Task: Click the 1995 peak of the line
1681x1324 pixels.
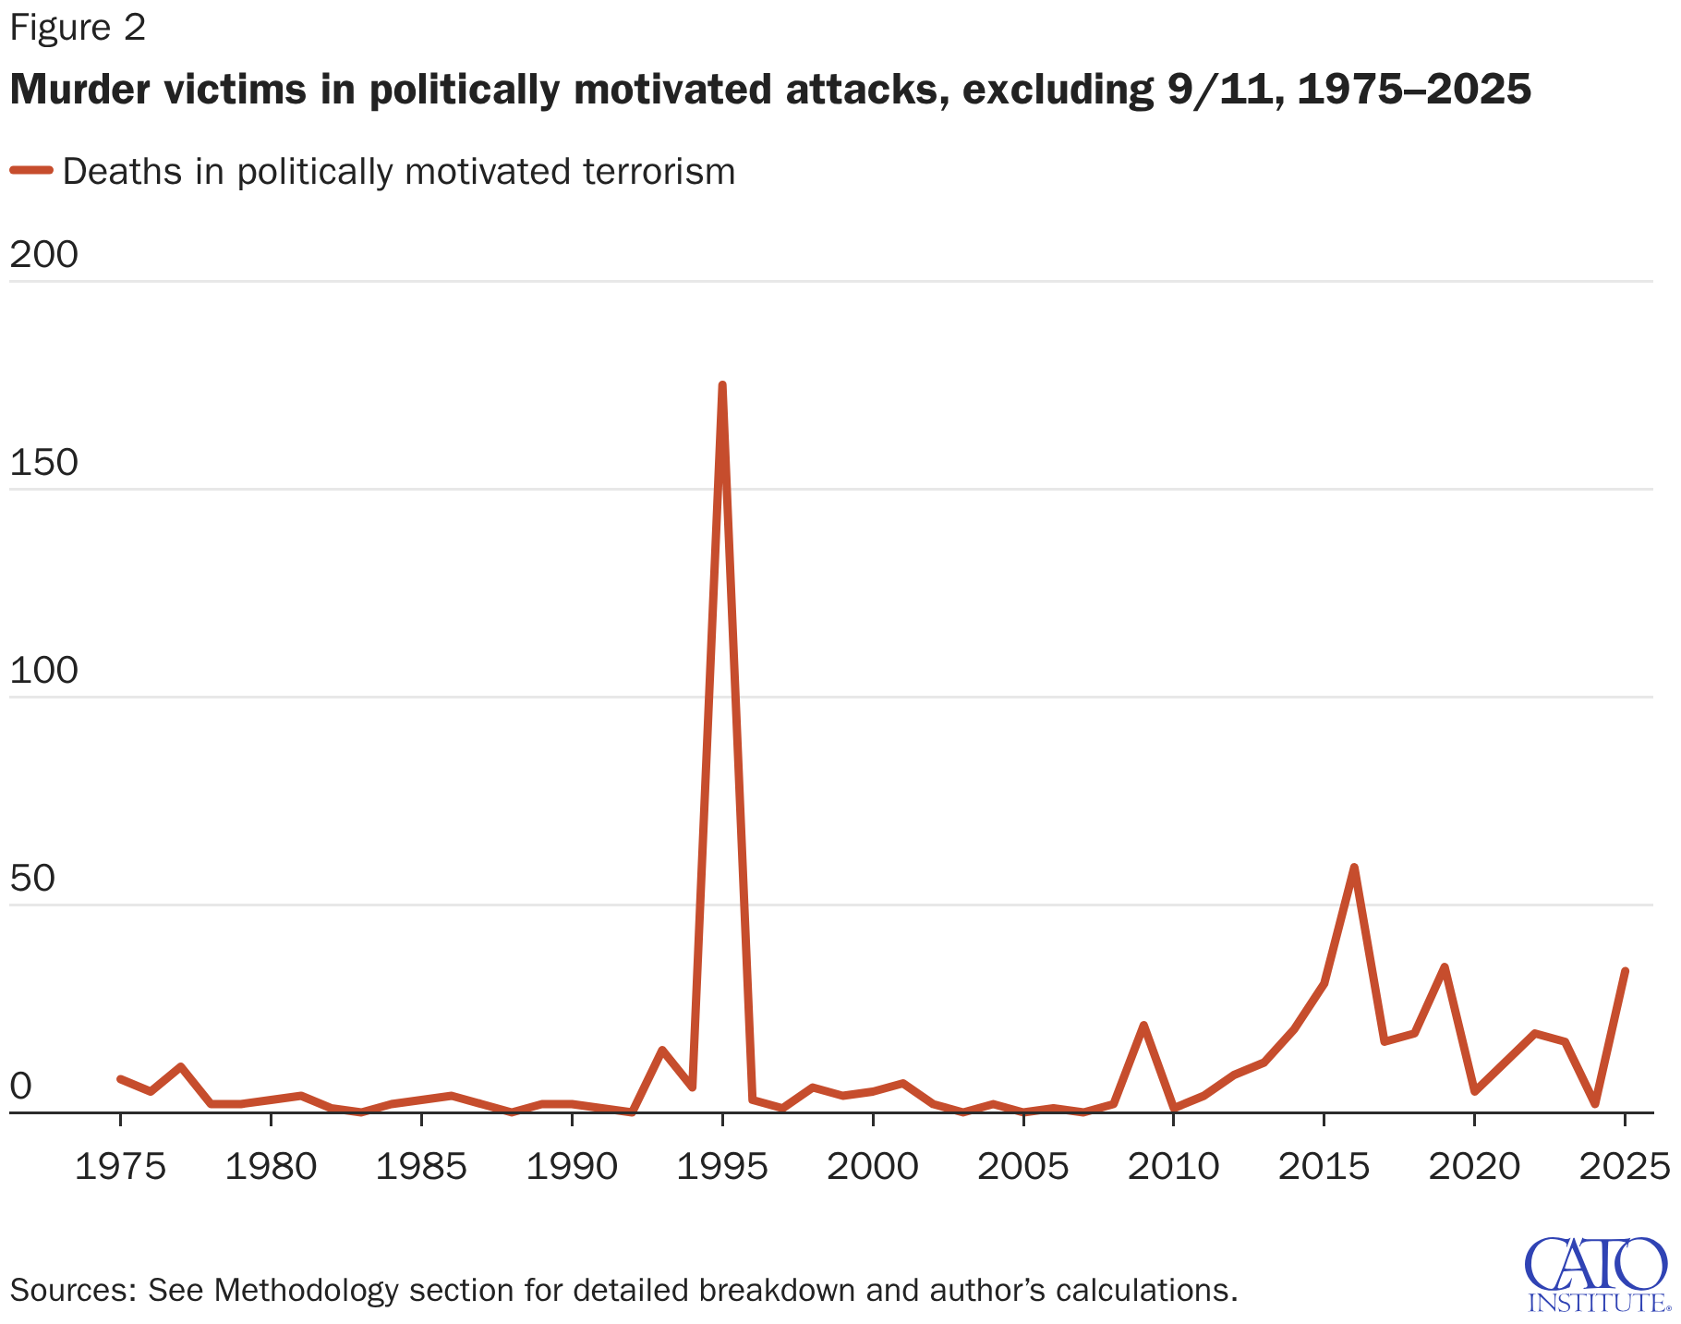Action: point(722,385)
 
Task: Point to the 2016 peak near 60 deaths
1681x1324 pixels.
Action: point(1354,868)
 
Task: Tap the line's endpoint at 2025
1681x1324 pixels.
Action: point(1625,971)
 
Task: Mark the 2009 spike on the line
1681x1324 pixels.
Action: point(1143,1026)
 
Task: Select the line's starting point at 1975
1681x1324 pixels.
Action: point(120,1078)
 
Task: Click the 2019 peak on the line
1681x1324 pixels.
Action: point(1444,967)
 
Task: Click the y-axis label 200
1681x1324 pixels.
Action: point(43,255)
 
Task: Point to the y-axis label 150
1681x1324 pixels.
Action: point(43,463)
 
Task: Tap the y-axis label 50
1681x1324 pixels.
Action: point(32,879)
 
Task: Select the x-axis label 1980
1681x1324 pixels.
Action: point(271,1167)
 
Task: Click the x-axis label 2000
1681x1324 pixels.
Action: point(872,1167)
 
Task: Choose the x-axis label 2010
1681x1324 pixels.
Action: point(1173,1167)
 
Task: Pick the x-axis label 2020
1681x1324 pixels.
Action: point(1474,1167)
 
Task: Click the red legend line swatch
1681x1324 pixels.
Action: point(31,170)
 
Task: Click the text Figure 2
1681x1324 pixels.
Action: point(78,28)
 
